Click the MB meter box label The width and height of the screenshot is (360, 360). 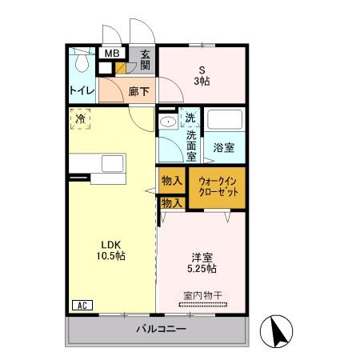[112, 54]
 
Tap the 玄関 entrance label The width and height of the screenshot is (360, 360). [146, 60]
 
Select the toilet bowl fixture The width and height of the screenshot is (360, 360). [82, 60]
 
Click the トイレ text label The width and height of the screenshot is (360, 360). [82, 91]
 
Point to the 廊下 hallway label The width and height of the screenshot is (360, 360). [138, 92]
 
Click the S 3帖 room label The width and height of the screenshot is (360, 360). [202, 76]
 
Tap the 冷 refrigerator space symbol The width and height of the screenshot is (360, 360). [80, 119]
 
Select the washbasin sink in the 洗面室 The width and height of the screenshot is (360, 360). [168, 122]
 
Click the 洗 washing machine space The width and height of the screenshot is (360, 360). [190, 118]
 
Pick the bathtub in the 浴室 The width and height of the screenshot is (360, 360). [225, 119]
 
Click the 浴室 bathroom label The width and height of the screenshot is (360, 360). [224, 147]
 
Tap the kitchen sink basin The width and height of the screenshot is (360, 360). [113, 163]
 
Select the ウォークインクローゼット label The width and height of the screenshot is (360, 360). [218, 187]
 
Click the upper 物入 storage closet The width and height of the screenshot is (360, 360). [172, 181]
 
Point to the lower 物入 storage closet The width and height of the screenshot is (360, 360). [172, 203]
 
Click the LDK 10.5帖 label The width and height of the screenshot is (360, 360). [110, 250]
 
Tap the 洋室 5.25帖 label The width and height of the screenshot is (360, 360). [202, 263]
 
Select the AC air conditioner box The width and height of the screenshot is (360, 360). [82, 305]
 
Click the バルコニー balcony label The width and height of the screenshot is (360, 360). [161, 329]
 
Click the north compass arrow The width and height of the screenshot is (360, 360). [279, 330]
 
